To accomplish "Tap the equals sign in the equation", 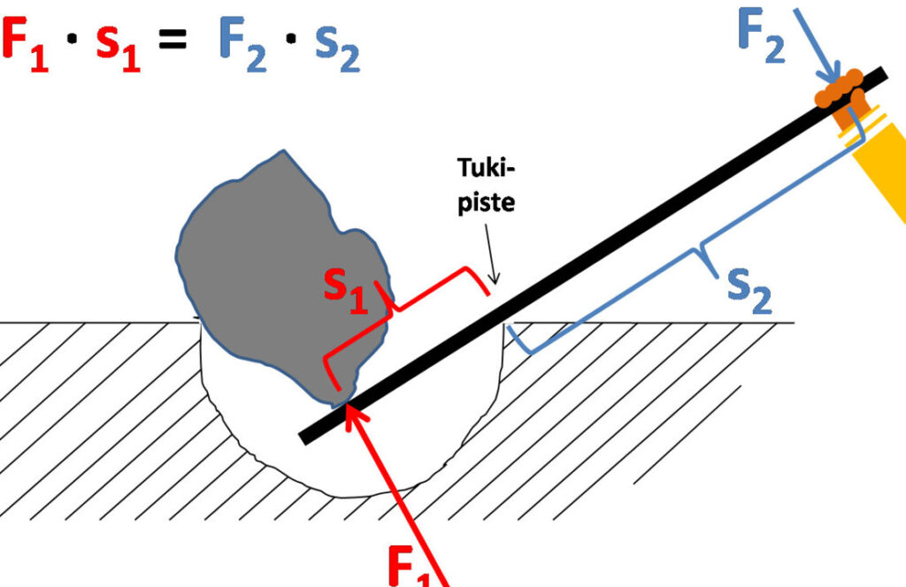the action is pos(173,40).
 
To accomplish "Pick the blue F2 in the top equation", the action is pos(242,44).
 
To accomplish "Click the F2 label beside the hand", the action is pos(762,35).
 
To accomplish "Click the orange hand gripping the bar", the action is pos(841,98).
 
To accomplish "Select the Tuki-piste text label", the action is pos(486,185).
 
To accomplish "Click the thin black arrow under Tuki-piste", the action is pos(490,254).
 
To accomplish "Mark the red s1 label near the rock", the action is pos(346,292).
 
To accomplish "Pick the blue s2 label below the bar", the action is pos(749,292).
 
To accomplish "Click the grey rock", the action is pos(277,271).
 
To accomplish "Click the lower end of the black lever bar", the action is pos(304,438).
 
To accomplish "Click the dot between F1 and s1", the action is pos(73,40).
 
